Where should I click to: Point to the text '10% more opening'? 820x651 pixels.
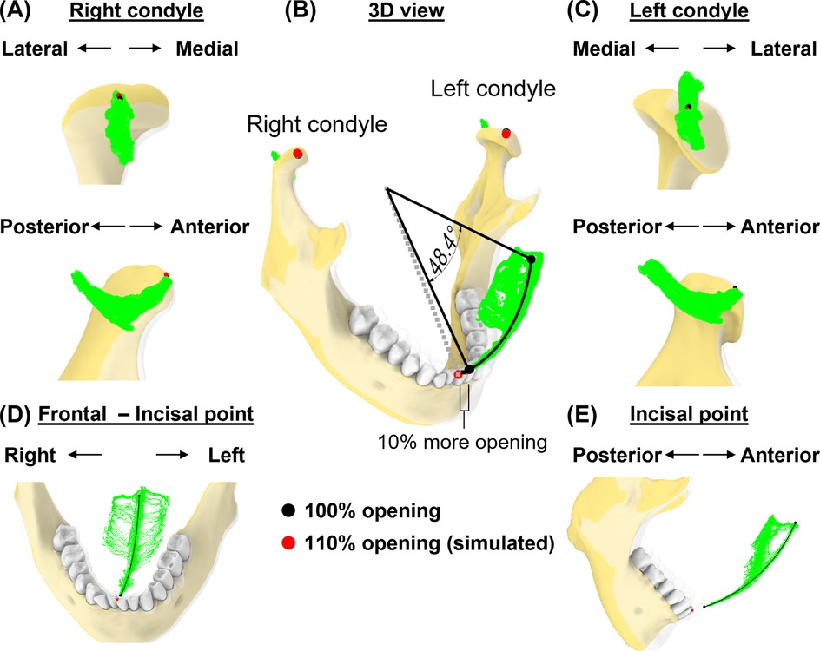[x=461, y=441]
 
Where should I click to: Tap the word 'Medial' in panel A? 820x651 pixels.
[x=207, y=49]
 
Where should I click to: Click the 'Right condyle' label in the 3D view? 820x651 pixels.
[x=316, y=124]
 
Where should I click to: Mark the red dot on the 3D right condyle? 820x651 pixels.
[x=298, y=153]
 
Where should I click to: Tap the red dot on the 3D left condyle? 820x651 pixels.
[x=506, y=133]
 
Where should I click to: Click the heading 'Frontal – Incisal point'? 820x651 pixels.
[x=145, y=415]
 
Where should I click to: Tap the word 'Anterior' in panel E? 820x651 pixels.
[x=780, y=455]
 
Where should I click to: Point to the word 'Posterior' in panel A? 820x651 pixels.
[x=44, y=227]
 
